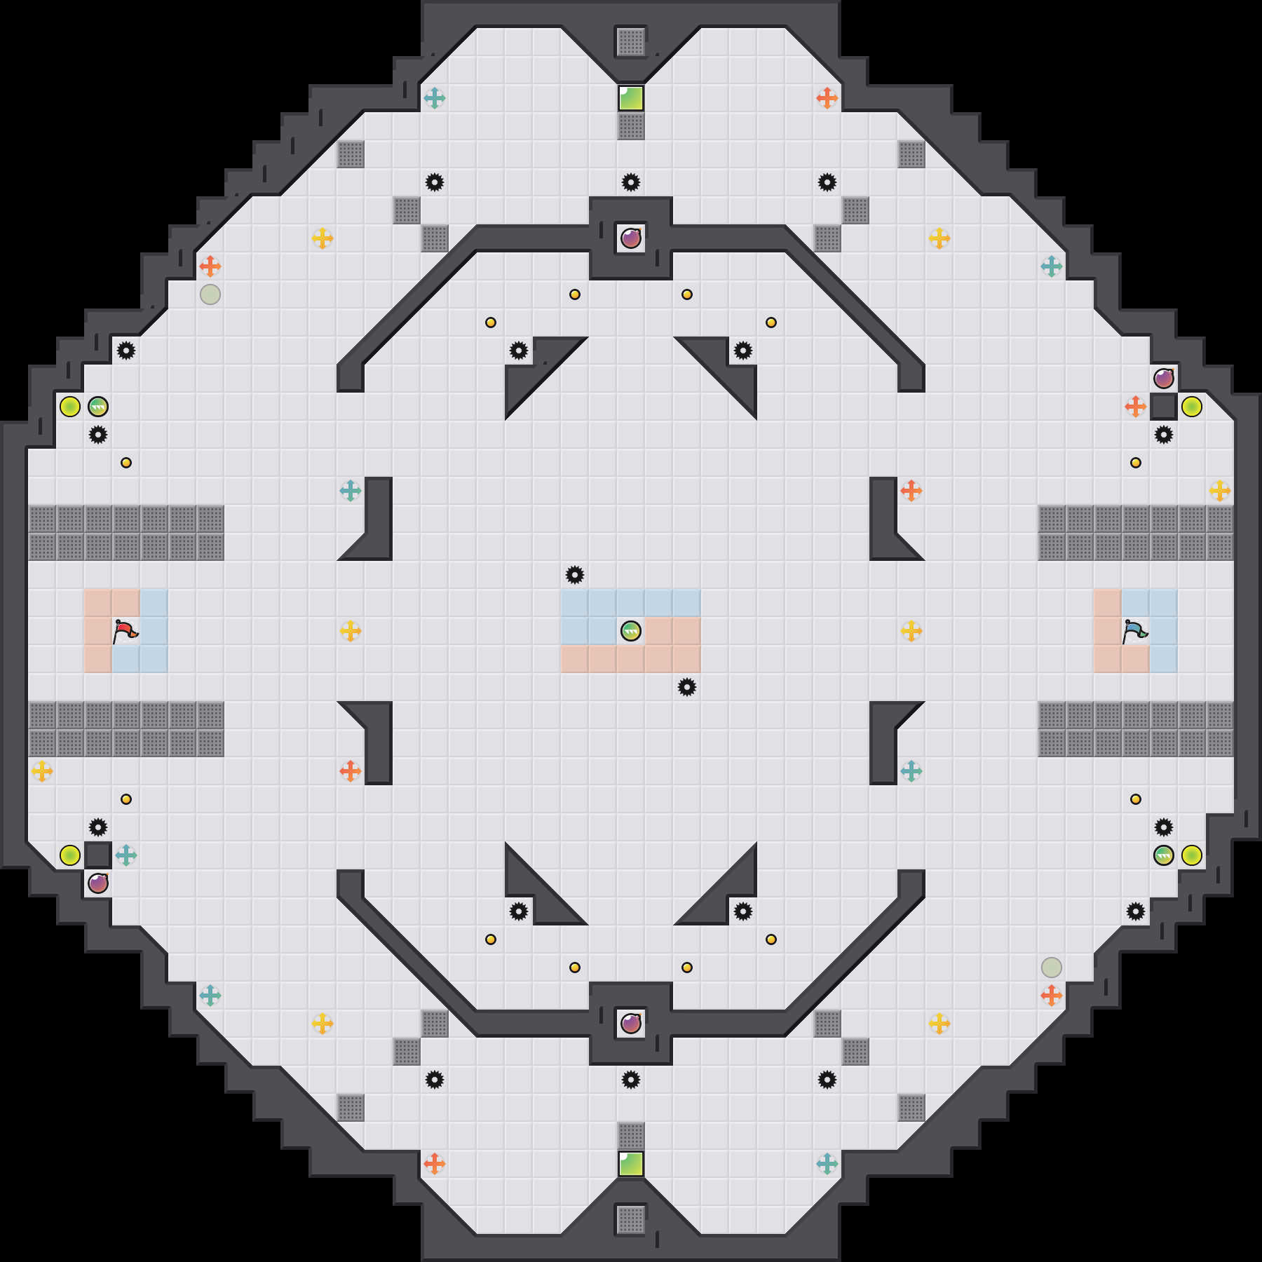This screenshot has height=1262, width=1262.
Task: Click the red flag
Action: point(125,631)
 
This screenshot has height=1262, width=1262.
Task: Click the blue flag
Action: point(1134,631)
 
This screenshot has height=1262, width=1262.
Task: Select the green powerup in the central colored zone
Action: point(631,631)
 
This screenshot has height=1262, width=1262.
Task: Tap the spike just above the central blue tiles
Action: point(575,575)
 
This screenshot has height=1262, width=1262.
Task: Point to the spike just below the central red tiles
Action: point(687,687)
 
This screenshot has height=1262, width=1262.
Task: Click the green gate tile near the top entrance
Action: point(631,98)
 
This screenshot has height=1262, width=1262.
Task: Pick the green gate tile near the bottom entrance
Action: point(631,1164)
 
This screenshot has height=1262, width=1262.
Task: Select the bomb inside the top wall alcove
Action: point(631,238)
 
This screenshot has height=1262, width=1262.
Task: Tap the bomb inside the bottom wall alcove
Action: point(631,1024)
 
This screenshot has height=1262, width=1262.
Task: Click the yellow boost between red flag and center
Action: point(351,631)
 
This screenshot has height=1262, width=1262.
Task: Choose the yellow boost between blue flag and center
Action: point(911,631)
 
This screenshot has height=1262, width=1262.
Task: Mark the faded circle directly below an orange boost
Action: point(210,294)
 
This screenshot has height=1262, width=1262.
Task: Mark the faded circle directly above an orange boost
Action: point(1052,968)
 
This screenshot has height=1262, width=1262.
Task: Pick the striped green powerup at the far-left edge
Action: point(98,407)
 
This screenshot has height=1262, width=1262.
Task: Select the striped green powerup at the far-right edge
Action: point(1164,855)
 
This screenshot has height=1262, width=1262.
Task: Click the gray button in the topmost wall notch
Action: point(631,42)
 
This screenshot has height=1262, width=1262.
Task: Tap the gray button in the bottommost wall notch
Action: point(631,1220)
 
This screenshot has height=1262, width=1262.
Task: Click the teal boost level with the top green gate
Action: point(435,98)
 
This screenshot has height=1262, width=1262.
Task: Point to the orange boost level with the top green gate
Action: point(827,98)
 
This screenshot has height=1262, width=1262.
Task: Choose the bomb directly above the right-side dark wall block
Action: point(1164,379)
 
